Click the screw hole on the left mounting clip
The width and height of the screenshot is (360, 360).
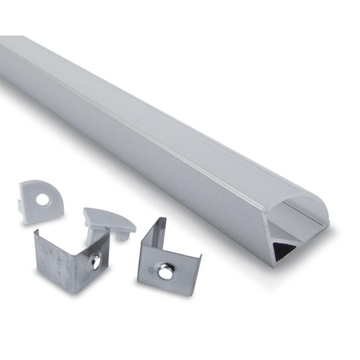pyautogui.click(x=95, y=262)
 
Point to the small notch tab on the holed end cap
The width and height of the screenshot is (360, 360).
pyautogui.click(x=20, y=205)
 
